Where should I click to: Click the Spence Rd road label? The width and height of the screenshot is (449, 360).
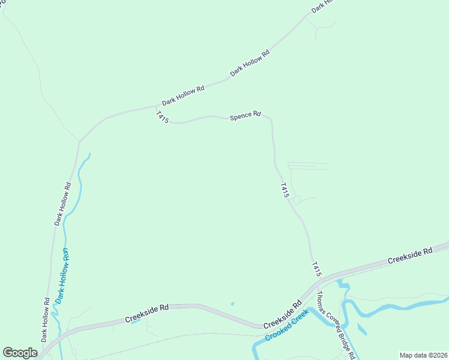(x=246, y=115)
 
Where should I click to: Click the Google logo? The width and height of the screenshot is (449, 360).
(x=20, y=353)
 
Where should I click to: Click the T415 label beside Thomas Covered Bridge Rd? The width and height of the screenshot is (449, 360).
(x=317, y=269)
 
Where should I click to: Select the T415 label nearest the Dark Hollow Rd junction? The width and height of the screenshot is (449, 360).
(x=161, y=117)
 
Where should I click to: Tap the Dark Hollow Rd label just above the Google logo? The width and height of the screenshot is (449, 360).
(x=46, y=319)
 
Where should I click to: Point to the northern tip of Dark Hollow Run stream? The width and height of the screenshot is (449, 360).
(x=89, y=154)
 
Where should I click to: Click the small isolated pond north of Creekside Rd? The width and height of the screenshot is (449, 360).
(x=232, y=304)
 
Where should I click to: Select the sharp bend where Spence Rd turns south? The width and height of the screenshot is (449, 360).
(x=270, y=118)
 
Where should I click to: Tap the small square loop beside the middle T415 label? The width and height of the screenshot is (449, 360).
(x=297, y=200)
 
